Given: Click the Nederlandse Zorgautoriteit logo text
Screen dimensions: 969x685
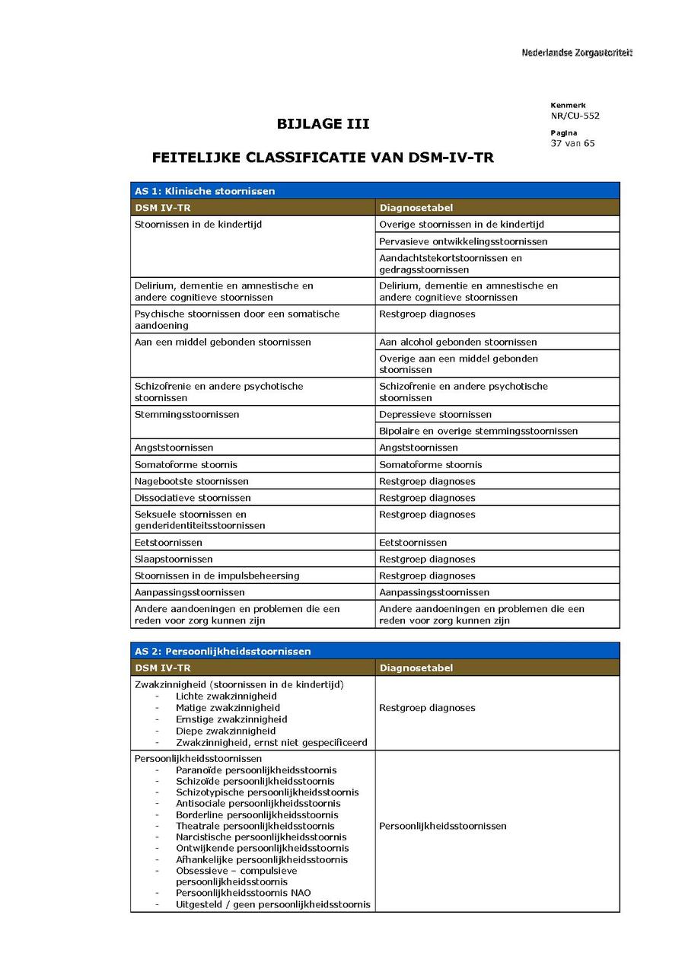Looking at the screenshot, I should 577,53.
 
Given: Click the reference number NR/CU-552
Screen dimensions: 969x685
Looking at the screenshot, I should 575,116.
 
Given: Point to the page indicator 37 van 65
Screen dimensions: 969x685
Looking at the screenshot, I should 572,143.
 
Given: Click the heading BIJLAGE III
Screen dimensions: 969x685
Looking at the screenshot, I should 323,124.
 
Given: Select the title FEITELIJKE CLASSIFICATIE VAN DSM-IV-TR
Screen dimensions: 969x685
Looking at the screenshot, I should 323,158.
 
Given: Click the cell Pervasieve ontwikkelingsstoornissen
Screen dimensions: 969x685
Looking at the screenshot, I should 464,241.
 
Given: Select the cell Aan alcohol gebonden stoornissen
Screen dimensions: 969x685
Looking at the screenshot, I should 458,342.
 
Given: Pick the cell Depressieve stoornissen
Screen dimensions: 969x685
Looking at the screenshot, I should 435,414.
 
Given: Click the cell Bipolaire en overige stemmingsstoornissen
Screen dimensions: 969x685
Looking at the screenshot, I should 479,431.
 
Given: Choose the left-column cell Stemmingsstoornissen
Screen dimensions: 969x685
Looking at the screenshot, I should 187,414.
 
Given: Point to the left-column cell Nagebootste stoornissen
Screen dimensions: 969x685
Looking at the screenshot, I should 192,481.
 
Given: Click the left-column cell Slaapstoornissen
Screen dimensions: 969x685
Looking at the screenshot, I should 174,559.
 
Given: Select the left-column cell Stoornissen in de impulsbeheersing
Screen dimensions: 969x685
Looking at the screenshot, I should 217,575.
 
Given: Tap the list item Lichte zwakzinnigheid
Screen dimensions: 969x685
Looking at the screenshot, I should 226,696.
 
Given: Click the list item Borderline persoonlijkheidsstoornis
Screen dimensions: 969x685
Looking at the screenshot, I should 257,814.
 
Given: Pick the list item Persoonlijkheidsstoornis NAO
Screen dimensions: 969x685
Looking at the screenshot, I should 244,893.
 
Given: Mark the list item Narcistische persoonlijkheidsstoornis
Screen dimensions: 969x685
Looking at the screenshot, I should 261,837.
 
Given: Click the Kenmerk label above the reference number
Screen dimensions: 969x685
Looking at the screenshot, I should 568,105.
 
